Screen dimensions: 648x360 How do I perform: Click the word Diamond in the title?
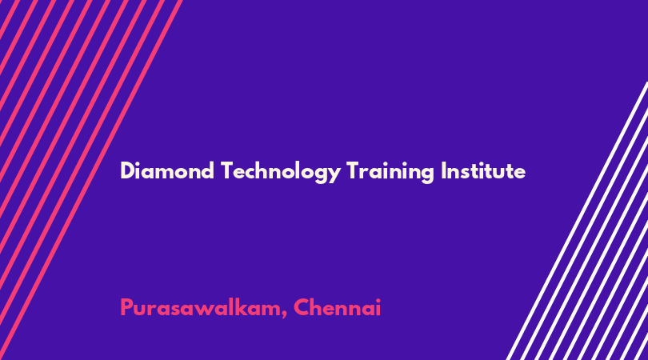click(x=167, y=171)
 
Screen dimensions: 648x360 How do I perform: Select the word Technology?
click(x=281, y=172)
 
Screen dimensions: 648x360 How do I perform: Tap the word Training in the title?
click(x=390, y=172)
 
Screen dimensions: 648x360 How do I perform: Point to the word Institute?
click(x=483, y=171)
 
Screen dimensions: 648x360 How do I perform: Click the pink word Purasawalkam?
click(x=200, y=307)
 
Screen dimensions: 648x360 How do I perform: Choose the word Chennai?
click(x=338, y=307)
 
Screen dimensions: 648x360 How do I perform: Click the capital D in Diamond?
click(x=127, y=171)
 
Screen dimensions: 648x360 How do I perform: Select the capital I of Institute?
click(x=443, y=171)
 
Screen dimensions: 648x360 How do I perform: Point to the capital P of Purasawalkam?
click(x=126, y=307)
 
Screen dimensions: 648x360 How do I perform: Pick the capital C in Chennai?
click(x=302, y=307)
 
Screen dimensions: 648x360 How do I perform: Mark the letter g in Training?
click(x=427, y=175)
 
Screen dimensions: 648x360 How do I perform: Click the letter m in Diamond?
click(x=166, y=174)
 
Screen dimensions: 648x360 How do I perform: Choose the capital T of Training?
click(x=354, y=171)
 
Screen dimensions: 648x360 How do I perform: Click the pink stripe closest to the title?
click(x=93, y=180)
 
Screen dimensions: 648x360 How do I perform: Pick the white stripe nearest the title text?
click(x=577, y=221)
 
